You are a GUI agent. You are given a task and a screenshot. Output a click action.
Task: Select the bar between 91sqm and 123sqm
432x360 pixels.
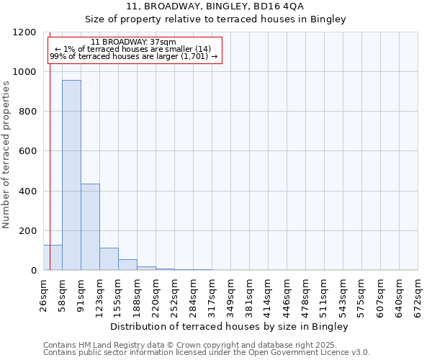(x=90, y=227)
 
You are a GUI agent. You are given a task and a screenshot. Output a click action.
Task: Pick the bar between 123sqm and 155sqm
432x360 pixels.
(x=109, y=259)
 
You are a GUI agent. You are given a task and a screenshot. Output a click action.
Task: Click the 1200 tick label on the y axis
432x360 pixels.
(x=24, y=32)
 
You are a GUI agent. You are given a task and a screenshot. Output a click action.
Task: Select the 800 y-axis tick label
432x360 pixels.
(x=27, y=112)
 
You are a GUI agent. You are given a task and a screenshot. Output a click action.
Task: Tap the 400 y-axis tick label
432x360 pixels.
(x=27, y=192)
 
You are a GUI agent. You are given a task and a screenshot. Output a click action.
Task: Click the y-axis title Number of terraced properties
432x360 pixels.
(x=6, y=155)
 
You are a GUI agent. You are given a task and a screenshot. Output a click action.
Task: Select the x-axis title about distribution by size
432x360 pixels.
(x=230, y=327)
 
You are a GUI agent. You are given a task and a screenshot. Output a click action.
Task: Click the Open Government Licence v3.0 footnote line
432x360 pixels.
(x=207, y=353)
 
